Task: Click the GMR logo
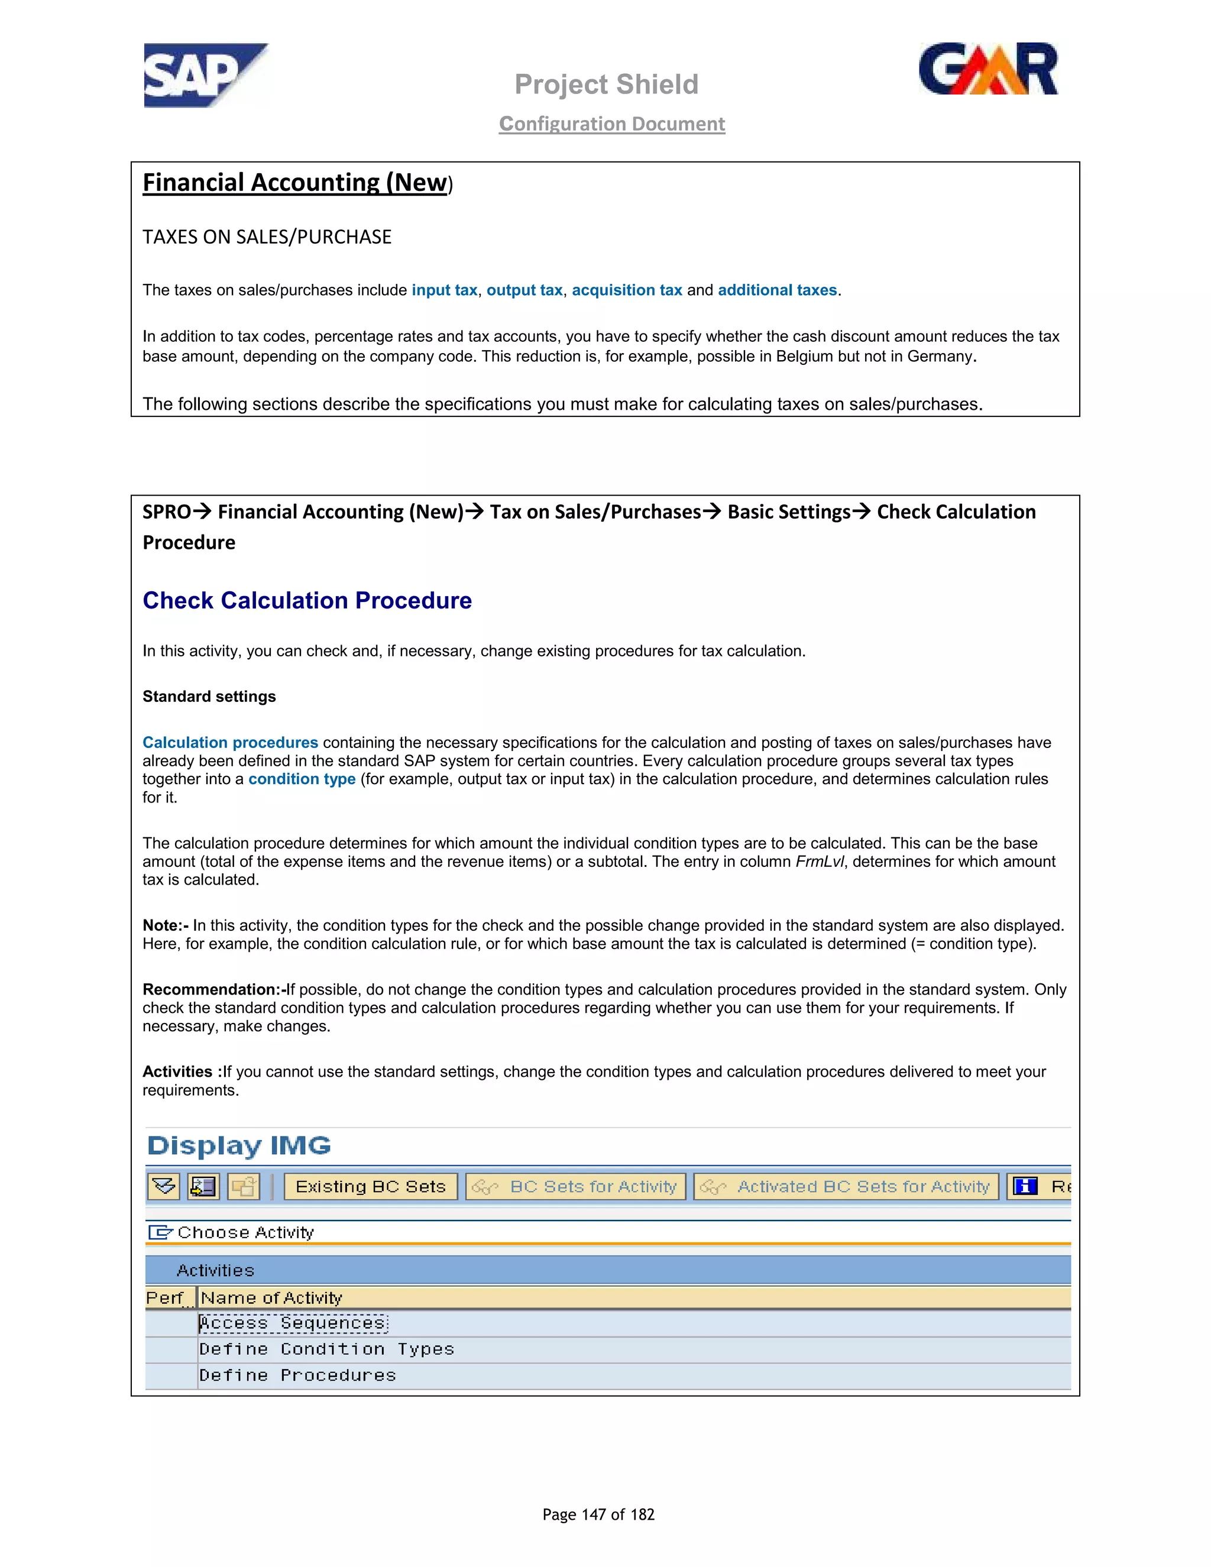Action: tap(988, 70)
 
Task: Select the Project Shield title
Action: tap(606, 85)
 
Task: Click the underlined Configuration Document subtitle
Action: tap(612, 124)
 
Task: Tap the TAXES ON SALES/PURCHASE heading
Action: tap(267, 238)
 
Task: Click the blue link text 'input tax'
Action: tap(444, 290)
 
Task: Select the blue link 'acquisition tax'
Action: tap(626, 290)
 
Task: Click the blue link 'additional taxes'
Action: tap(777, 290)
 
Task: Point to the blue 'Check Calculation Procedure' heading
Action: tap(307, 601)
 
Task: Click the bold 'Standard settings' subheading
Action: tap(209, 697)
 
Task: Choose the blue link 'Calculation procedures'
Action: tap(229, 743)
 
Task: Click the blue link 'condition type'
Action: tap(302, 779)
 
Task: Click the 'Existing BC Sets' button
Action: tap(370, 1187)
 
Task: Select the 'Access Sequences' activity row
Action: tap(293, 1323)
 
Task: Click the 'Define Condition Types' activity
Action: tap(326, 1349)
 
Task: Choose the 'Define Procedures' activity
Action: tap(297, 1375)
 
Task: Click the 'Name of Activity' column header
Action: tap(271, 1298)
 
